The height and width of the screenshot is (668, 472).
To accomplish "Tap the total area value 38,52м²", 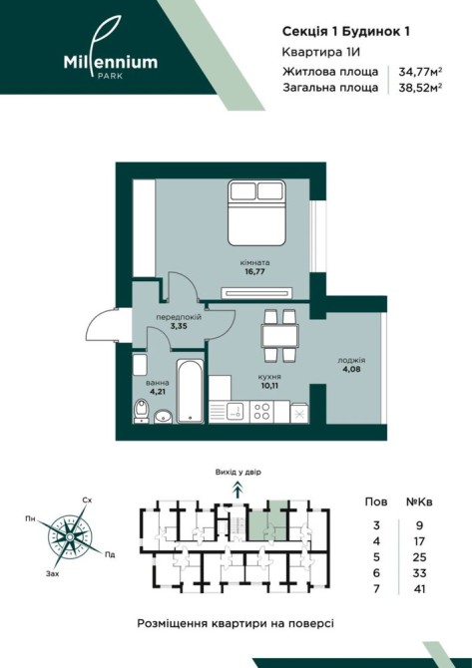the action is tap(420, 88).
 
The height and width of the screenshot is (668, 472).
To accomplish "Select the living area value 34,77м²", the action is tap(420, 72).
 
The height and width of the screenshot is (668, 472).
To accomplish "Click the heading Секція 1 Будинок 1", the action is tap(346, 32).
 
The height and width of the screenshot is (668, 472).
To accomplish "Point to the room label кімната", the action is tap(255, 263).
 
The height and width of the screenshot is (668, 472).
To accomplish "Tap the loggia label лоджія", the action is tap(352, 360).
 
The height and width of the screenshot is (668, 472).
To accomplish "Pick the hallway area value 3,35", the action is tap(179, 327).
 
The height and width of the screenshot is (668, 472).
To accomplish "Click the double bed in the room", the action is tap(256, 212).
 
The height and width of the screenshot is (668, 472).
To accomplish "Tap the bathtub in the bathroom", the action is tap(190, 391).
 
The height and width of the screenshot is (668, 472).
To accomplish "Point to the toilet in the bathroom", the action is tap(141, 411).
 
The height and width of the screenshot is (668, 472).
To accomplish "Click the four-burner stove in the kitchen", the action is tap(261, 412).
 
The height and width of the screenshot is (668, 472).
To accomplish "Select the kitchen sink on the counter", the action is tap(236, 412).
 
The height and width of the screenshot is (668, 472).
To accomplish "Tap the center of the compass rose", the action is tap(70, 536).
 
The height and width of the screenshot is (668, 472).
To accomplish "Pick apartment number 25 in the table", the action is tap(420, 557).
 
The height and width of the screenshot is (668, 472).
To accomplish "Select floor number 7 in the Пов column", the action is tap(376, 589).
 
